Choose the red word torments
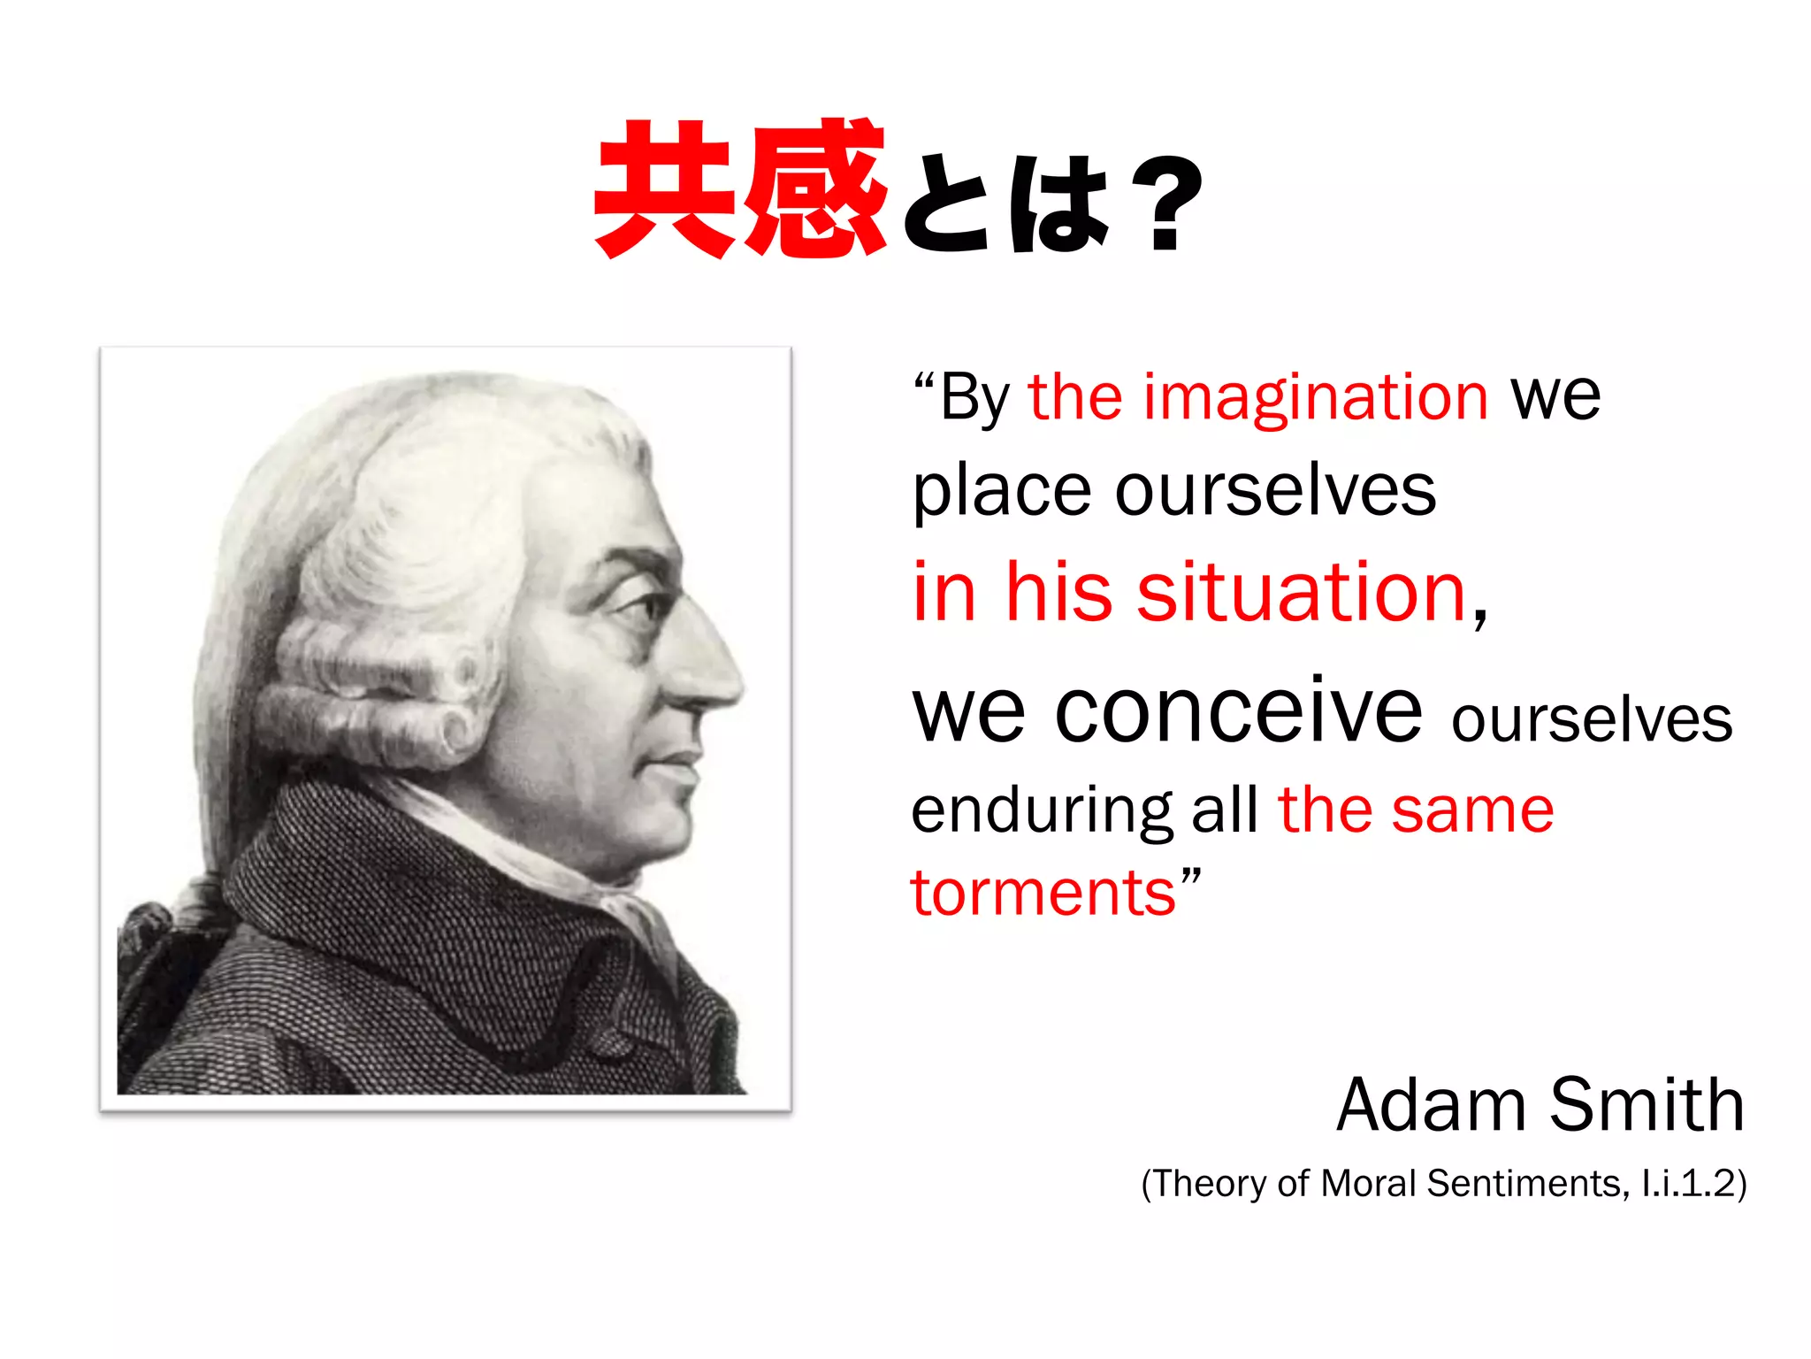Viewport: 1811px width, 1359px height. [x=1043, y=894]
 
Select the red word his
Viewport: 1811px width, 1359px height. [x=1058, y=593]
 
